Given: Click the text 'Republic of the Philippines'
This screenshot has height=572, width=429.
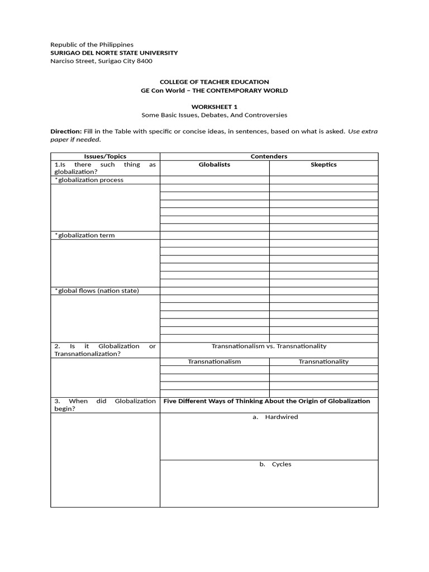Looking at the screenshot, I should [92, 45].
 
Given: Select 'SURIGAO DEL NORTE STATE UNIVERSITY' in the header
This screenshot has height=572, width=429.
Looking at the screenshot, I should [114, 53].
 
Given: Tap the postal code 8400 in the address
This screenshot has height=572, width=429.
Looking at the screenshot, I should [145, 61].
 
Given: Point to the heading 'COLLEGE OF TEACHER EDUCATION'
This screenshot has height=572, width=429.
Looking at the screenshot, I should [214, 82].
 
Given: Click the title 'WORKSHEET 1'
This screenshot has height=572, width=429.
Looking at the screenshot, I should [214, 106].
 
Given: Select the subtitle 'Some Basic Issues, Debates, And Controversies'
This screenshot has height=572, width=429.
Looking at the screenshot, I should [214, 115].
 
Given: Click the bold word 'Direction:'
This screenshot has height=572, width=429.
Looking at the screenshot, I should [66, 132].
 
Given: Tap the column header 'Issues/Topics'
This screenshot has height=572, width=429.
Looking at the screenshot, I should [105, 156].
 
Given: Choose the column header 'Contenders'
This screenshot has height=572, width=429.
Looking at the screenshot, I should [269, 156].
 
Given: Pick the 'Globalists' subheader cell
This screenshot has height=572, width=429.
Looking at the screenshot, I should [214, 165].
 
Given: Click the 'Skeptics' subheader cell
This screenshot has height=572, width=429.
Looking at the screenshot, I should [323, 165].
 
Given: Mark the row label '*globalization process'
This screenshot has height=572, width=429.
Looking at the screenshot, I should [89, 180].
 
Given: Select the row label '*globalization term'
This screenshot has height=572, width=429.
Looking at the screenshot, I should [84, 235].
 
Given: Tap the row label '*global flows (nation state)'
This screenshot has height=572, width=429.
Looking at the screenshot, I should [97, 290].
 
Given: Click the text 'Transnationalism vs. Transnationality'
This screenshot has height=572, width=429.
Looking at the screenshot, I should [269, 346].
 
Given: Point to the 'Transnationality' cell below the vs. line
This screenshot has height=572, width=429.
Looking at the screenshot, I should [323, 361].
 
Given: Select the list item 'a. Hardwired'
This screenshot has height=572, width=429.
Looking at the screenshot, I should [275, 417].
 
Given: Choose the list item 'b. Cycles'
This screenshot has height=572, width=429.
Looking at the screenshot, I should [275, 464].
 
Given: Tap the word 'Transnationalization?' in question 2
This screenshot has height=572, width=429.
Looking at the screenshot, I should [87, 354].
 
